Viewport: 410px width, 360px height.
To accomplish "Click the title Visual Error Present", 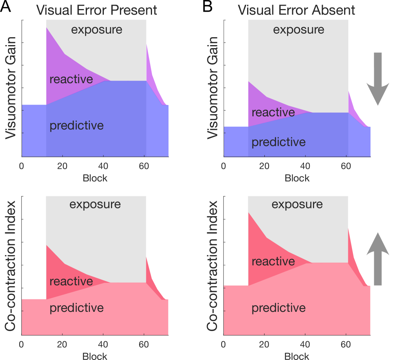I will [97, 10].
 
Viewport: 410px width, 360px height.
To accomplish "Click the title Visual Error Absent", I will [297, 10].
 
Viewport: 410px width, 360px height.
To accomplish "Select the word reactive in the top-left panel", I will [71, 79].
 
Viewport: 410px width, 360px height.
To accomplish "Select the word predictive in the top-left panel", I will [76, 125].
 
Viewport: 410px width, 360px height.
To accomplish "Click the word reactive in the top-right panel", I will [273, 112].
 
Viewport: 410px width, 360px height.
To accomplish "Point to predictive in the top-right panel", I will [278, 142].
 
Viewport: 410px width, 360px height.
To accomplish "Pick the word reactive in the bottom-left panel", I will [71, 281].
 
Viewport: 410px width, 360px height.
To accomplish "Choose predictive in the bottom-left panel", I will [76, 308].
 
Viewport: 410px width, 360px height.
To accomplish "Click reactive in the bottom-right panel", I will [273, 261].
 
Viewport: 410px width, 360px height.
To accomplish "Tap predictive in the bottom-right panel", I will [278, 308].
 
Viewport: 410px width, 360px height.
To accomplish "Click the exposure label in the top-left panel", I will [97, 30].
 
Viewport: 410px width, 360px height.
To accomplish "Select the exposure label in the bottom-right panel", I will [297, 204].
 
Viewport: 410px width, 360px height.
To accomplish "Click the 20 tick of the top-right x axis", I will [264, 166].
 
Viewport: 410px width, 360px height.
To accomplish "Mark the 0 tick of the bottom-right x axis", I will [224, 344].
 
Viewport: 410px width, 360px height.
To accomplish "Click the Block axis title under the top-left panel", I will [95, 178].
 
